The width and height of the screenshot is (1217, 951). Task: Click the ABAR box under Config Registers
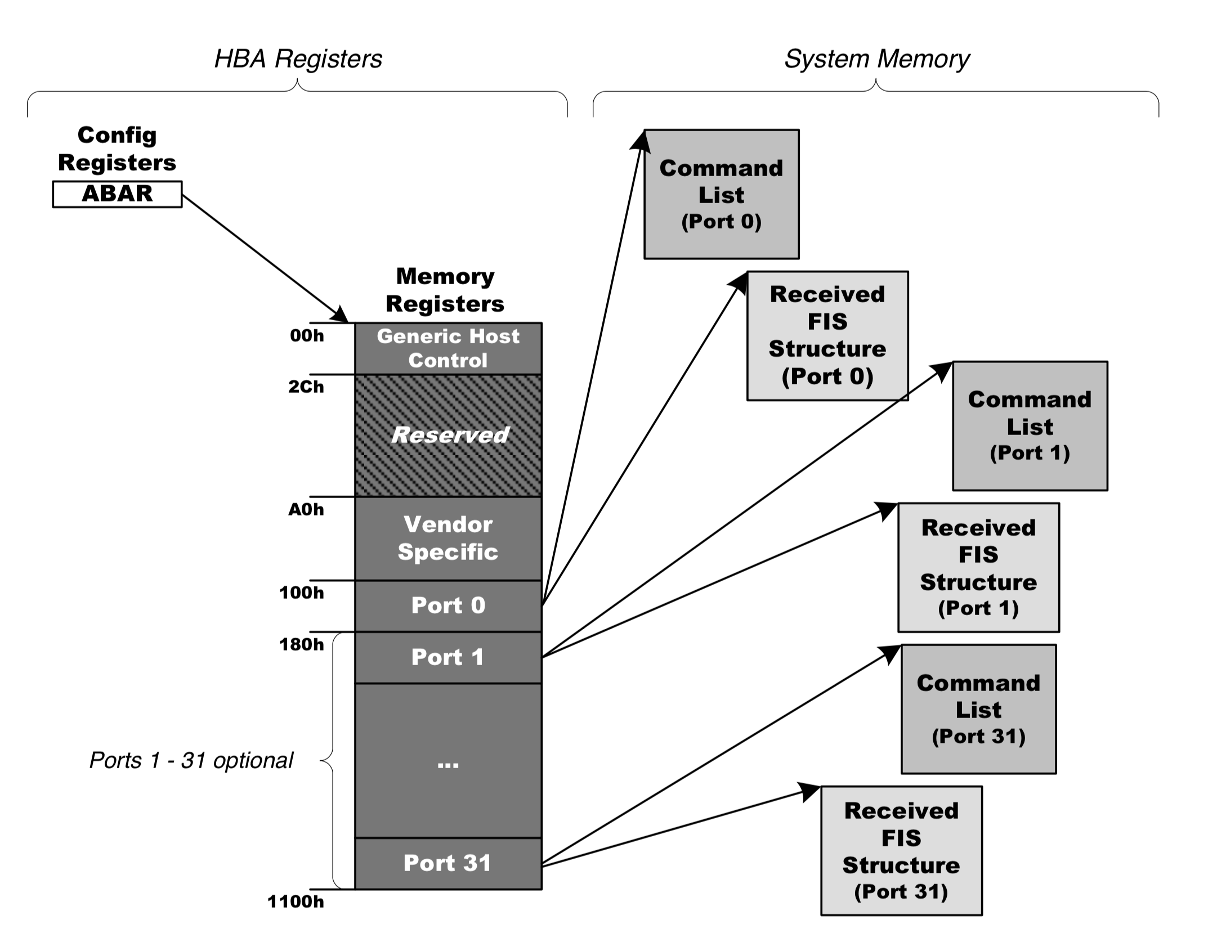tap(117, 194)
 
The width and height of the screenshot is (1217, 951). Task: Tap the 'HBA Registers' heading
tap(298, 59)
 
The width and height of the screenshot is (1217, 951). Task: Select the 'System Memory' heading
tap(876, 59)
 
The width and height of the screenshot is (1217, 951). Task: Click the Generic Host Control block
tap(448, 348)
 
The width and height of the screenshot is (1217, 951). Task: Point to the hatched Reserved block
tap(448, 435)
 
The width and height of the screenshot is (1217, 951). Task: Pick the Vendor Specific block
tap(448, 538)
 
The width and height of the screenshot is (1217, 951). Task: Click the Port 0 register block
tap(448, 605)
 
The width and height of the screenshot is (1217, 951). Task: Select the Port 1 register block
tap(448, 657)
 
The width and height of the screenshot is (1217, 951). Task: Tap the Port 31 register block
tap(448, 863)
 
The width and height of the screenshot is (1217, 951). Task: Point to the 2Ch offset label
tap(306, 387)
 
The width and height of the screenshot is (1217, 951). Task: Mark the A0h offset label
tap(306, 510)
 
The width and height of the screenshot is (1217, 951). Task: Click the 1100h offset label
tap(296, 902)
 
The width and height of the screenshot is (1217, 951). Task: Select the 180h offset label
tap(302, 644)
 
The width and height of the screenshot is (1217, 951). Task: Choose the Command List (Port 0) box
tap(721, 194)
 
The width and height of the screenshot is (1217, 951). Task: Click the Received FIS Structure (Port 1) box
tap(978, 567)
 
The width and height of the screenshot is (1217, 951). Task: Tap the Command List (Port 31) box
tap(978, 709)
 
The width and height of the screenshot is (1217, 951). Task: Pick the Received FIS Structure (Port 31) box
tap(901, 851)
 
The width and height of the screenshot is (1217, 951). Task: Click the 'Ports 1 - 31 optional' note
tap(191, 761)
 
